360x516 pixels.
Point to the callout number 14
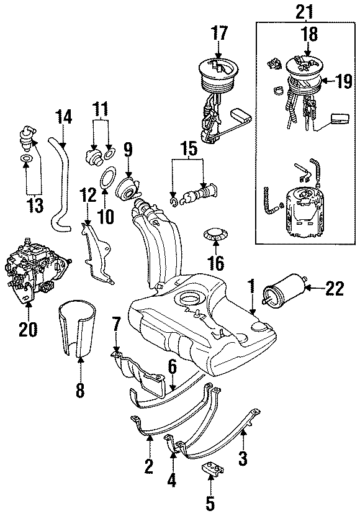pos(64,116)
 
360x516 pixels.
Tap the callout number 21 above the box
pos(305,10)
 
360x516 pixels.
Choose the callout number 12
pos(88,196)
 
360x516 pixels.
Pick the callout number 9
pos(127,149)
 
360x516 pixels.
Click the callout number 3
pos(244,459)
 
